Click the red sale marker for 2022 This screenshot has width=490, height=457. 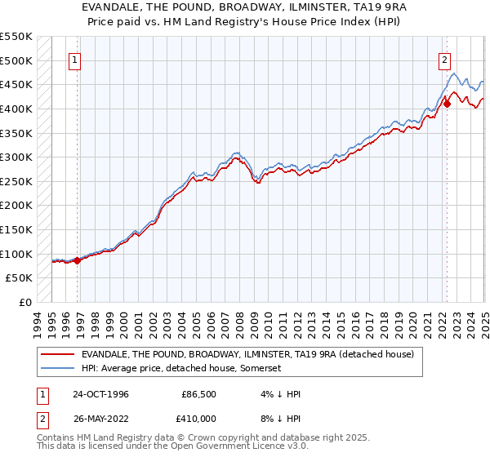click(x=447, y=104)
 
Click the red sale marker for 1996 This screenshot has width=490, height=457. click(x=78, y=260)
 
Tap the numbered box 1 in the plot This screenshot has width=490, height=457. click(x=74, y=59)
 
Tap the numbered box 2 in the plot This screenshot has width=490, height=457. click(x=444, y=59)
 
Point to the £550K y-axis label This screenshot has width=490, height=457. click(x=16, y=37)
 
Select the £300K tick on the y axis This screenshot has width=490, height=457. click(x=16, y=157)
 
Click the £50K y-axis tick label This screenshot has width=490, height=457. click(x=20, y=278)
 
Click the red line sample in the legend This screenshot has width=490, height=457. click(x=58, y=354)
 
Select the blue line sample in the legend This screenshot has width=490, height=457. click(x=58, y=368)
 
